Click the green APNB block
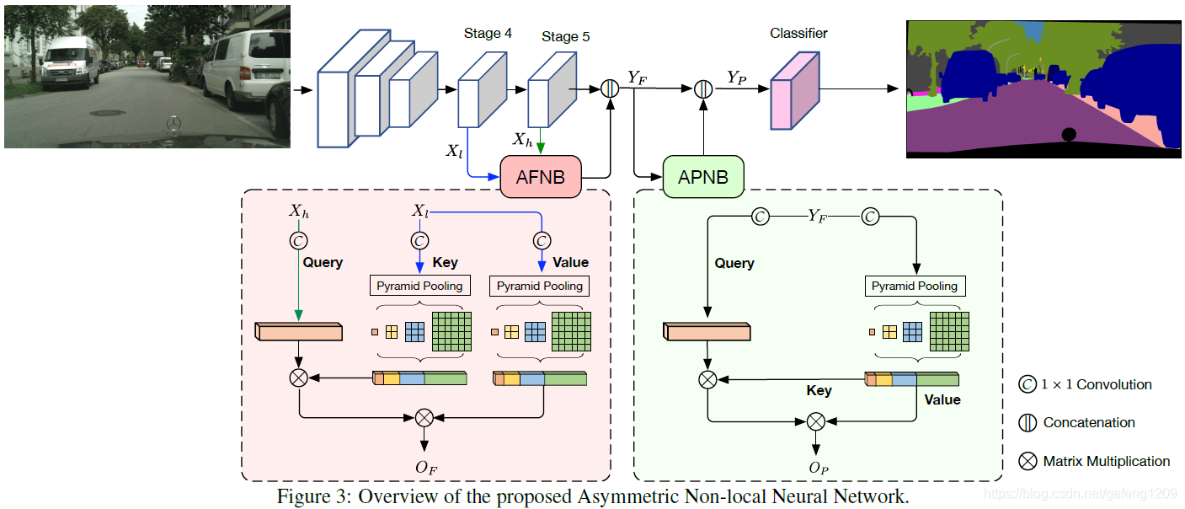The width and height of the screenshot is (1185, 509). click(704, 177)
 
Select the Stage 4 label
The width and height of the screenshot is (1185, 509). click(488, 34)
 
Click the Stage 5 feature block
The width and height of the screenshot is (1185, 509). click(550, 92)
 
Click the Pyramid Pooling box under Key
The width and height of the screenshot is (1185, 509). click(419, 286)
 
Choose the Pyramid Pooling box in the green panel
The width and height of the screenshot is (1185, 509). click(915, 286)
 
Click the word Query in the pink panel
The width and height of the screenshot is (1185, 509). click(323, 263)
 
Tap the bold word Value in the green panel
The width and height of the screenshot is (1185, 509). click(942, 399)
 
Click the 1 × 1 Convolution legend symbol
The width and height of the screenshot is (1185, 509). click(1028, 385)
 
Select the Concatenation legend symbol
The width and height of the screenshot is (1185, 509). click(1028, 422)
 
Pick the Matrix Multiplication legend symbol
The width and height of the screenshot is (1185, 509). click(1028, 461)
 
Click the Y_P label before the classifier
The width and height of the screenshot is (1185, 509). click(737, 78)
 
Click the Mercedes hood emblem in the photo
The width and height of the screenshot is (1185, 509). click(173, 126)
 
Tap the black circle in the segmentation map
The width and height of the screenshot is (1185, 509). click(1069, 134)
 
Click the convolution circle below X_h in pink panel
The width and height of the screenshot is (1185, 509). click(298, 241)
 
